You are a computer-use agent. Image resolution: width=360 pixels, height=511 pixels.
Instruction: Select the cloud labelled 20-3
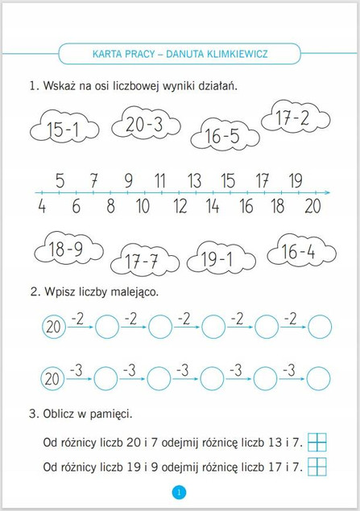(144, 124)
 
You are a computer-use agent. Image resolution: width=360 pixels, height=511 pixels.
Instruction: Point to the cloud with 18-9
(65, 249)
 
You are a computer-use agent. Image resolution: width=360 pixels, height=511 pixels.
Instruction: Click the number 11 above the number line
(159, 179)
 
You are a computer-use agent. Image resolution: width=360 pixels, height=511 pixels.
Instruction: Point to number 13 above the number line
(194, 179)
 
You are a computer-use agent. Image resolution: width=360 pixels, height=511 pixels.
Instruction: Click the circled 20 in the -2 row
(53, 327)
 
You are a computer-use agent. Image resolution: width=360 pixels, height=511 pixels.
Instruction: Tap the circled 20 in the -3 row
(53, 377)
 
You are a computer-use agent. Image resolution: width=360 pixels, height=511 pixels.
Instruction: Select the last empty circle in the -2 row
(320, 327)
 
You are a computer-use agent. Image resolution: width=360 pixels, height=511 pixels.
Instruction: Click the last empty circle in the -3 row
(320, 377)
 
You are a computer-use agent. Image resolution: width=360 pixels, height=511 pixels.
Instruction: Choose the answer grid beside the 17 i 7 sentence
(319, 466)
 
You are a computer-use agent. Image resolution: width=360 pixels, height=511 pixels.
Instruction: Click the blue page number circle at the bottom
(179, 492)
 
